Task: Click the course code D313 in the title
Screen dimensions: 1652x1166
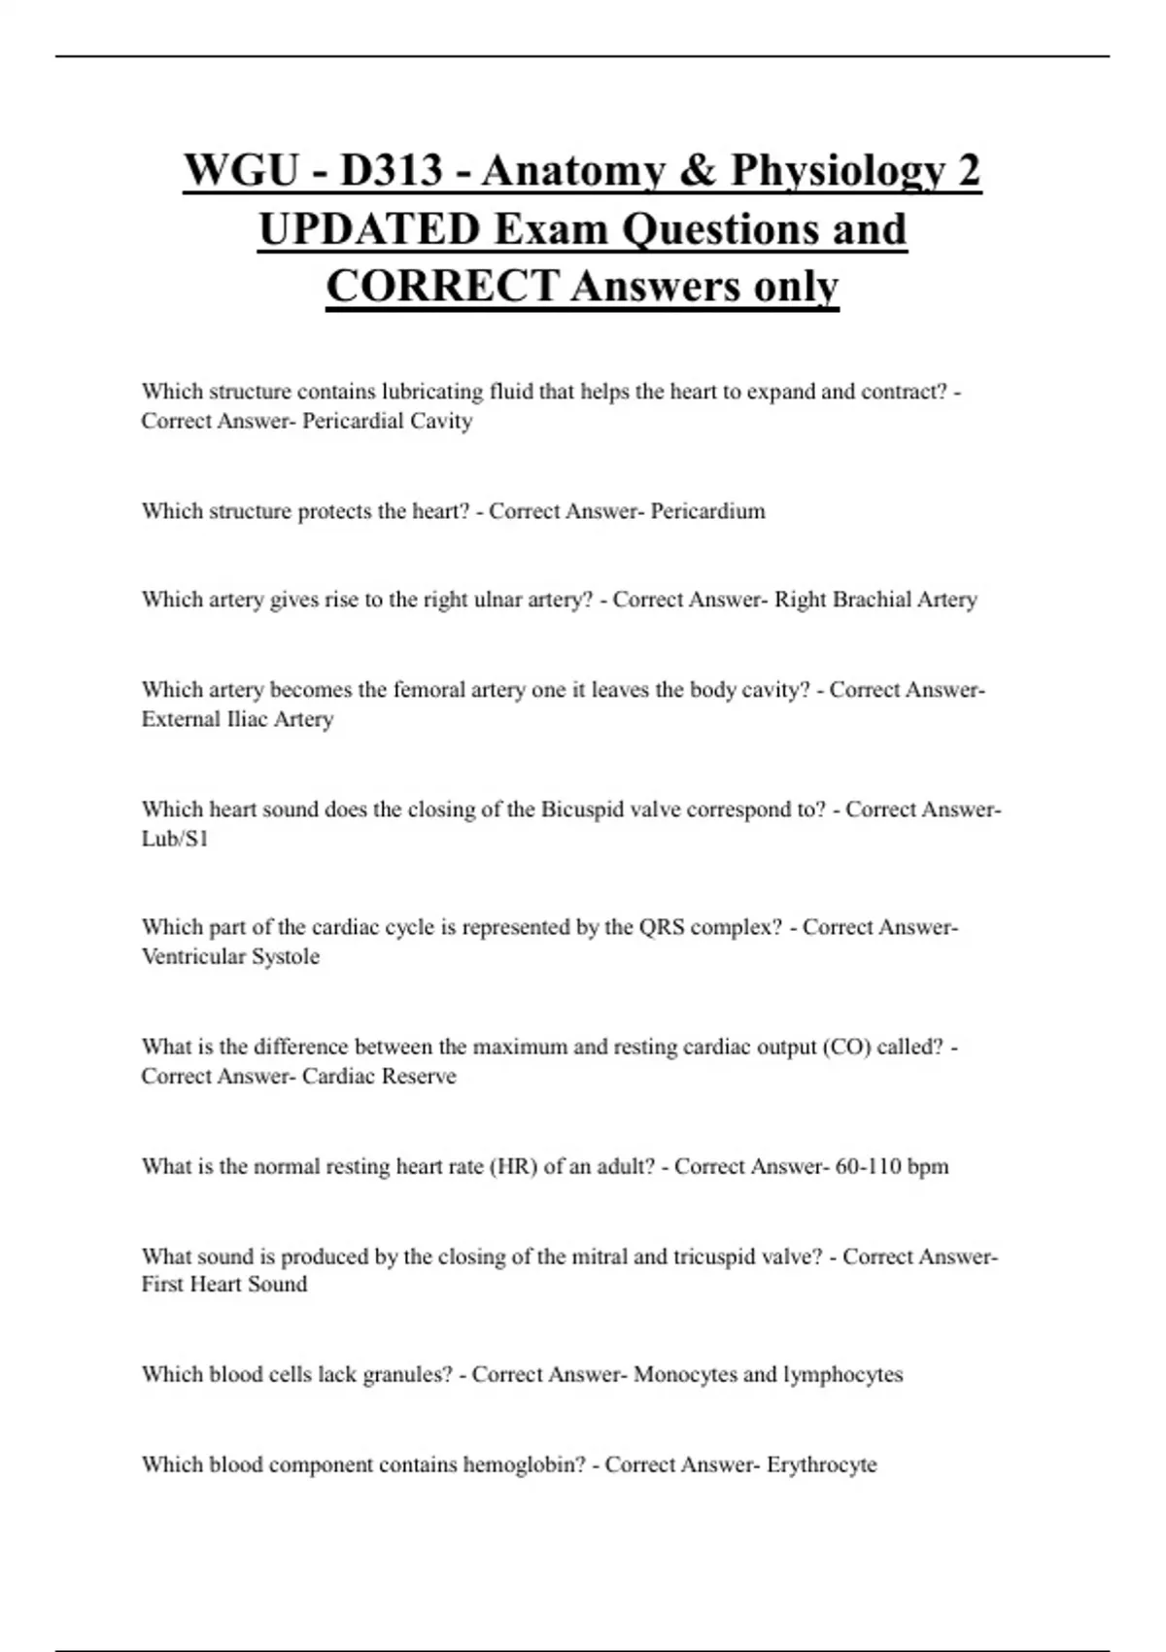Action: point(390,171)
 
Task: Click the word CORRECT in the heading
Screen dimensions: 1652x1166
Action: point(442,287)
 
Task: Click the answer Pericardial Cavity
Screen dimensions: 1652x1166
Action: point(387,421)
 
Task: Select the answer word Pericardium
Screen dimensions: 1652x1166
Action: point(707,511)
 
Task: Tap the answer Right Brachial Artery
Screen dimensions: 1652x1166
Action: point(875,600)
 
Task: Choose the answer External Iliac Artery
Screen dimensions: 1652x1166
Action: point(237,719)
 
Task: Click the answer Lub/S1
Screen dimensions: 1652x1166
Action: point(175,839)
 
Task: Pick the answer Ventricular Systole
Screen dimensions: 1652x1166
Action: point(230,956)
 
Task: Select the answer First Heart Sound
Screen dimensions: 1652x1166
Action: point(224,1284)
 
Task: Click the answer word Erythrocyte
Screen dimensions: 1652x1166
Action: point(821,1464)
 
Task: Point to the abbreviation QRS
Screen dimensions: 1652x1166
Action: point(662,927)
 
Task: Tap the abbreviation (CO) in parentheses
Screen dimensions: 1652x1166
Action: point(846,1047)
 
